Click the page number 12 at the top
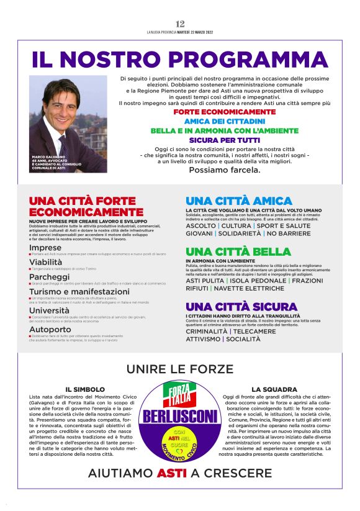pos(180,24)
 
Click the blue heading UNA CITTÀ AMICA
pos(239,201)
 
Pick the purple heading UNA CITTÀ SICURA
pos(241,307)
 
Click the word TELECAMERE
pos(254,332)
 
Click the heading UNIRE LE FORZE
pos(179,369)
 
